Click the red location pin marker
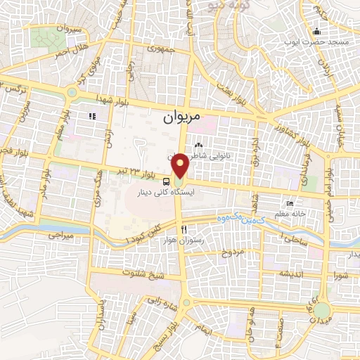coord(181,165)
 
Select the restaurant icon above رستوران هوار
coord(184,230)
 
